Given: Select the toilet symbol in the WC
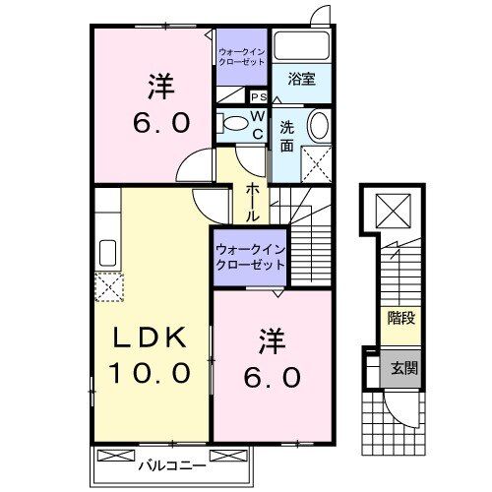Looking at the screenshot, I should [232, 124].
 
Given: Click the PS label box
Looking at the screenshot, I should [259, 97].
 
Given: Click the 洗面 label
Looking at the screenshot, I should [286, 136].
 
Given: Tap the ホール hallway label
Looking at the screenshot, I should [253, 201].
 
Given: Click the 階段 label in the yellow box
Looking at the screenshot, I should [400, 319].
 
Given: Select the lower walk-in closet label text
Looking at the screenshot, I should [250, 258].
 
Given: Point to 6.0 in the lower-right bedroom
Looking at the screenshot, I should [274, 377].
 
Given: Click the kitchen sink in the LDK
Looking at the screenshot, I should [106, 253].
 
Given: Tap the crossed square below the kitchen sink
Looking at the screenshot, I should [106, 286].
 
